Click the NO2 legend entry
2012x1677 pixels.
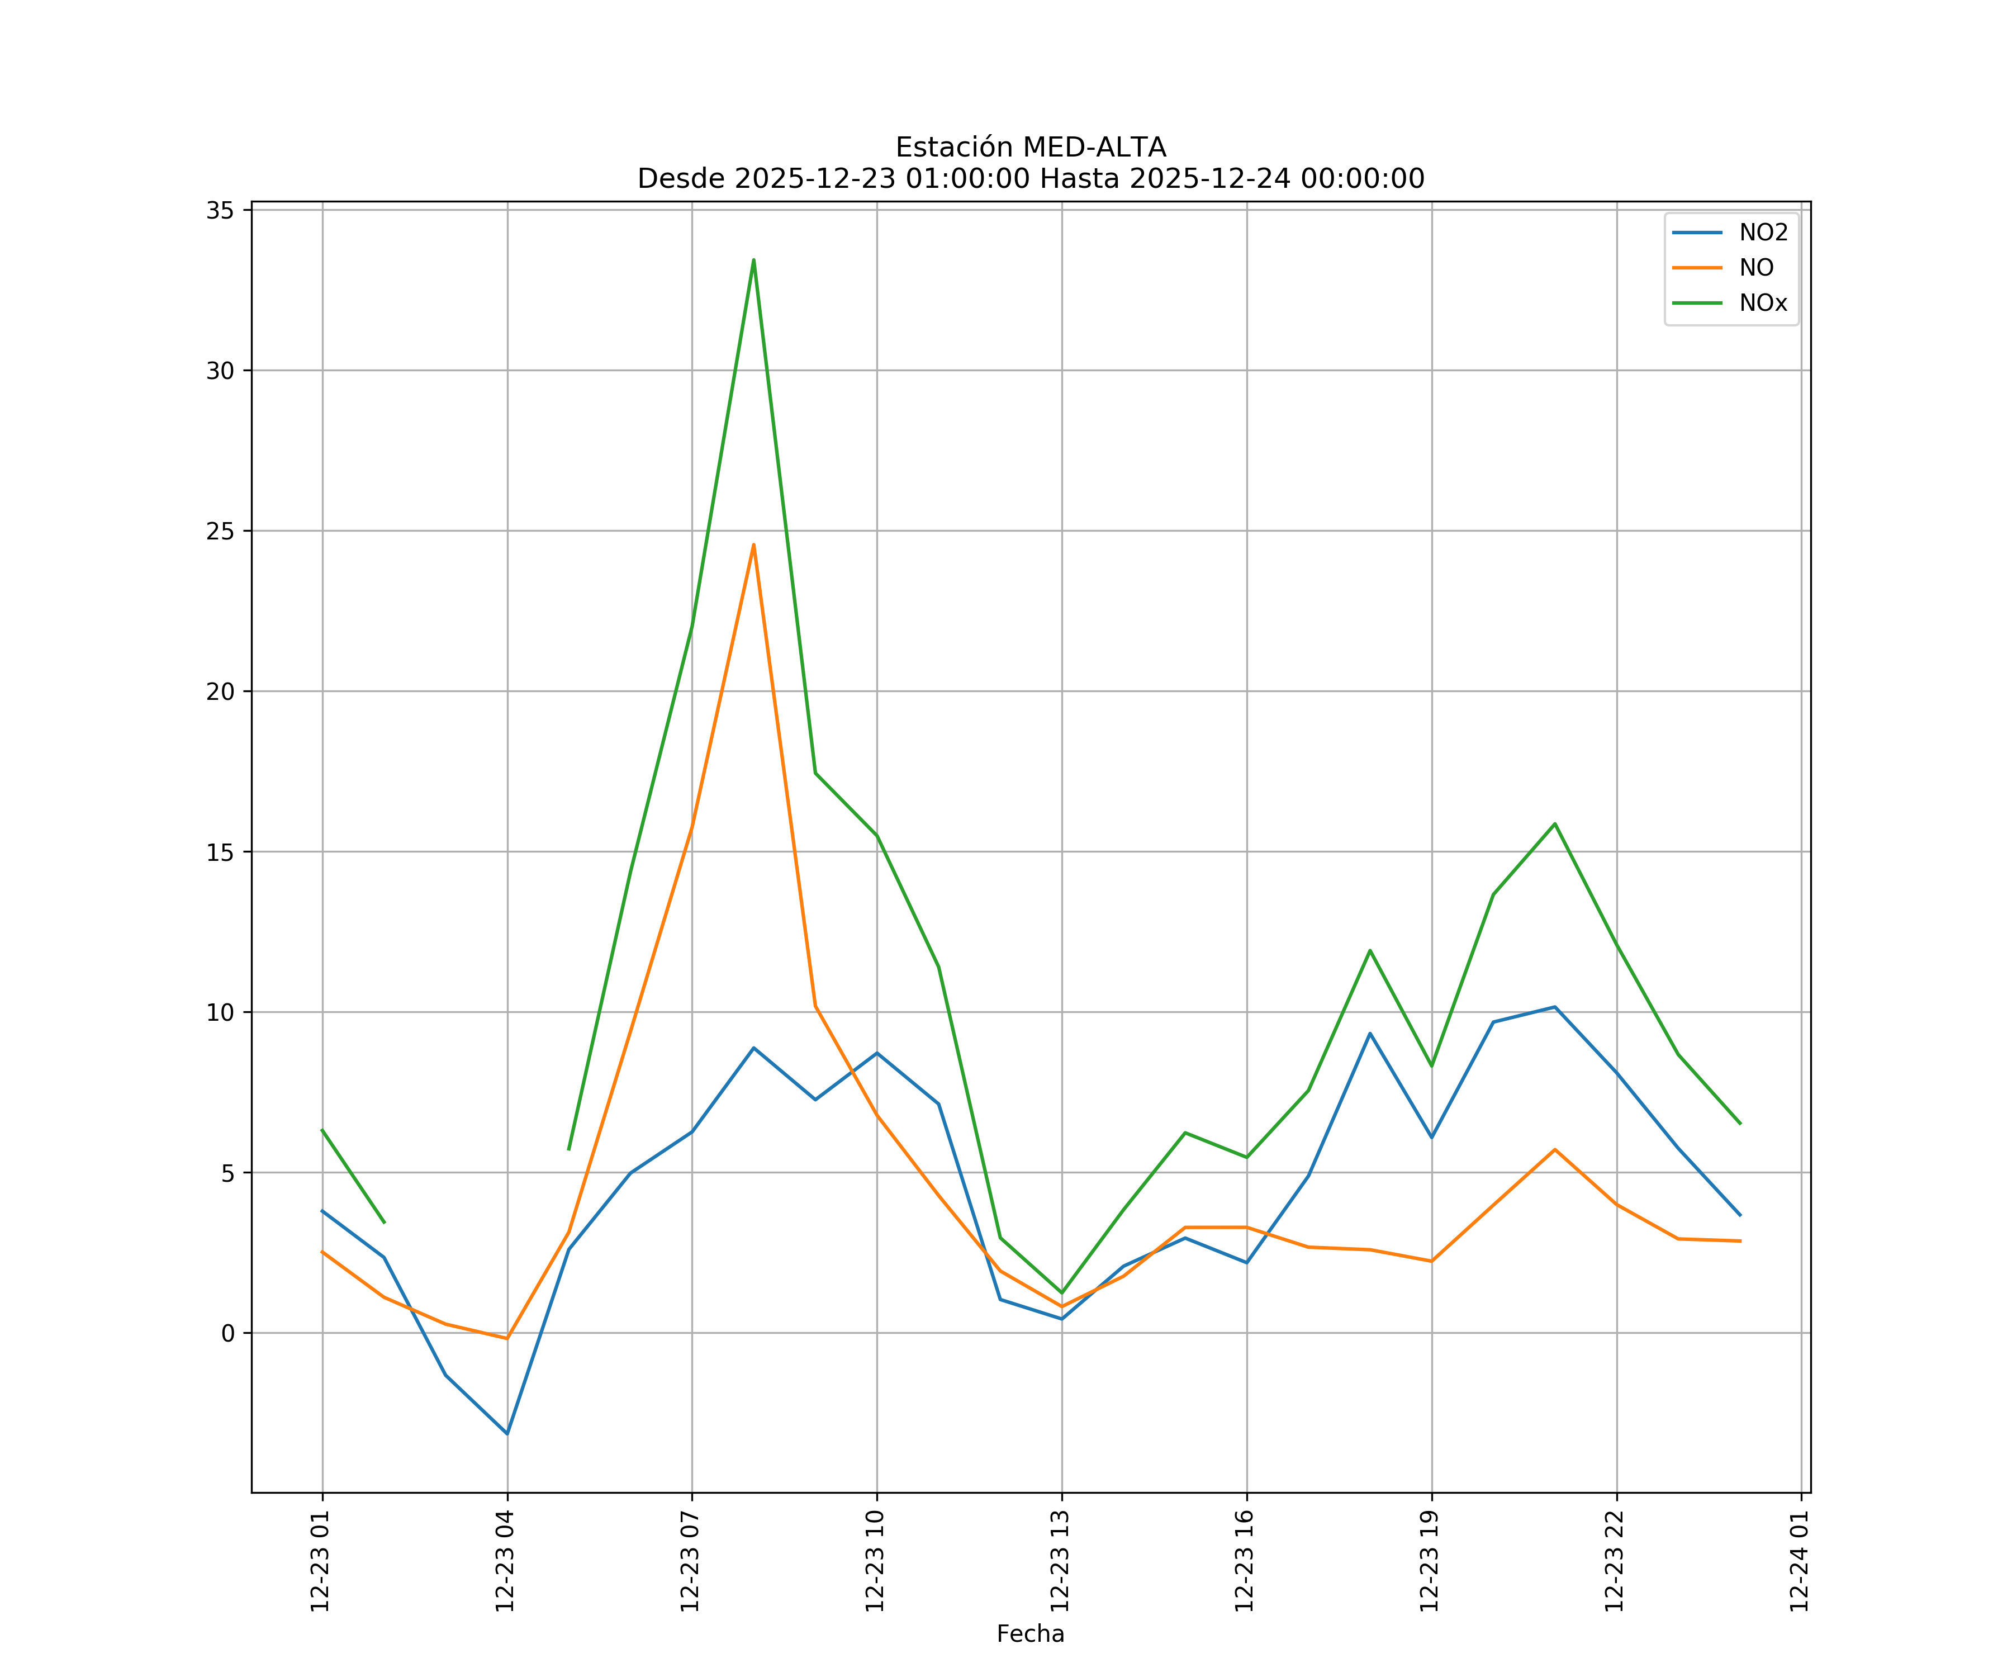point(1763,233)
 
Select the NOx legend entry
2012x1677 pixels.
point(1763,304)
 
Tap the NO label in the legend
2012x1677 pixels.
point(1756,268)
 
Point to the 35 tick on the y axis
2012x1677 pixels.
point(220,211)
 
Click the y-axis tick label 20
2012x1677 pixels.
point(220,692)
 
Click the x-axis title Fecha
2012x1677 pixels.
point(1030,1634)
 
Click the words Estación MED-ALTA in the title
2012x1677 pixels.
point(1030,148)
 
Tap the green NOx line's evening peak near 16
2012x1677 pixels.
point(1554,824)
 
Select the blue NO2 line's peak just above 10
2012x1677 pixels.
point(1554,1007)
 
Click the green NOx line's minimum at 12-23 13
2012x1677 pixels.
point(1061,1293)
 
